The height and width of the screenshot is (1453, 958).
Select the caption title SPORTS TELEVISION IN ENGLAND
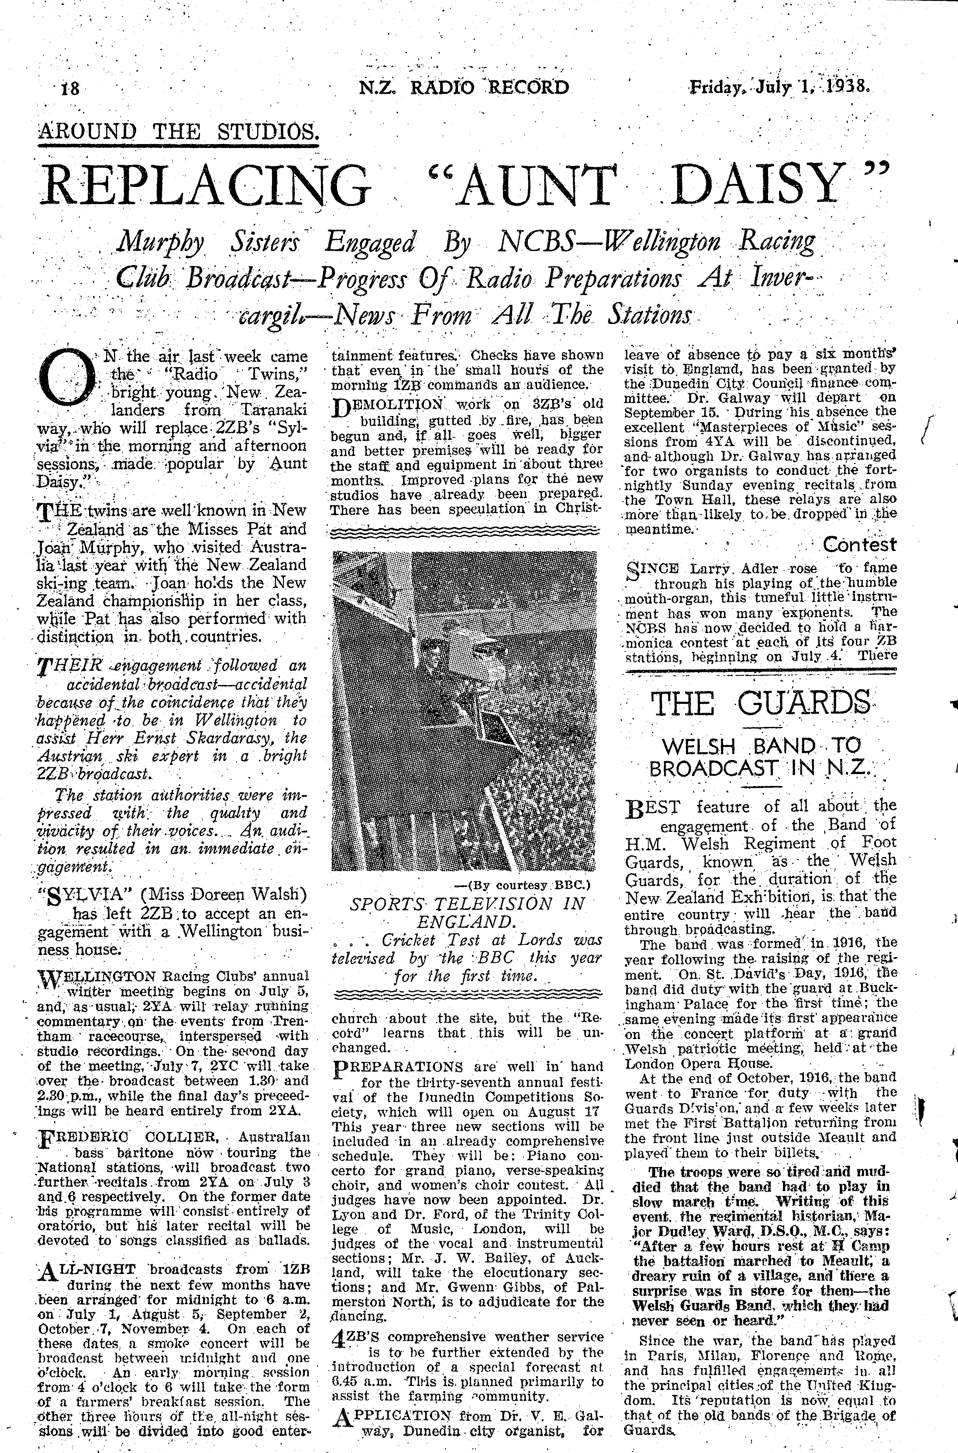click(x=467, y=912)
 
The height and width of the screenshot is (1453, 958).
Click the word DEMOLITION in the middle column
click(x=382, y=404)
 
